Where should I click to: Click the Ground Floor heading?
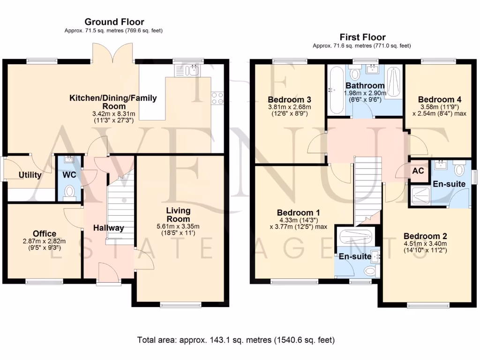tap(114, 22)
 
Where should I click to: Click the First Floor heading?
tap(362, 37)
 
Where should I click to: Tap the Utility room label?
tap(30, 175)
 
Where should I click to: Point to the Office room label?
tap(45, 233)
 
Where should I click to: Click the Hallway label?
tap(108, 228)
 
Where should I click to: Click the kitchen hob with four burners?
tap(217, 98)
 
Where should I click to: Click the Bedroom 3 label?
tap(290, 99)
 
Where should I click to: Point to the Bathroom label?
tap(365, 86)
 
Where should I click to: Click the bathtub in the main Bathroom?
tap(336, 90)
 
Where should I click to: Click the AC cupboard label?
tap(418, 172)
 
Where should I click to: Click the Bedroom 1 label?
tap(295, 211)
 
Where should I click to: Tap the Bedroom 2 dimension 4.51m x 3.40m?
tap(425, 243)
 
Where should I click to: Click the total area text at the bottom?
tap(236, 339)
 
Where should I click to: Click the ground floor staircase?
tap(120, 206)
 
